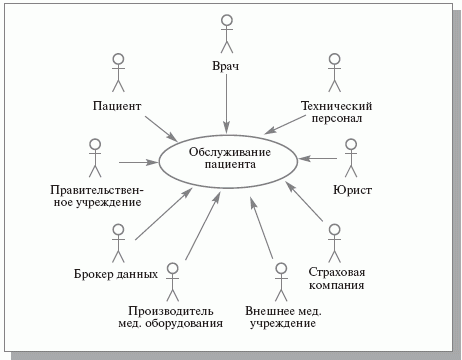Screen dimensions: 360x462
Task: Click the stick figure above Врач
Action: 226,34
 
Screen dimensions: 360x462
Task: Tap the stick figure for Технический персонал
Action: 335,73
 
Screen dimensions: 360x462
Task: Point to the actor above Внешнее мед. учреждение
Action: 279,280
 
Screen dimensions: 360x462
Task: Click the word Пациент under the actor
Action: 117,106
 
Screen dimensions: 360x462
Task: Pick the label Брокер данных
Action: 116,273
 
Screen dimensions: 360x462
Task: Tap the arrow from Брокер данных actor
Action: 162,214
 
